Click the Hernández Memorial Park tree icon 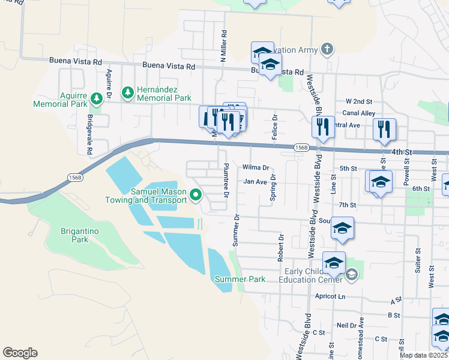point(127,92)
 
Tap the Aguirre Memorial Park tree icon point(96,98)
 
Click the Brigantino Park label point(74,235)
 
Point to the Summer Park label point(240,279)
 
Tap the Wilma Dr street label point(255,167)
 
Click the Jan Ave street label point(255,181)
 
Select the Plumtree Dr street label point(226,181)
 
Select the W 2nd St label point(359,101)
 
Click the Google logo point(20,353)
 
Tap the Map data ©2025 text point(423,355)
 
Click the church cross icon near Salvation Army point(327,49)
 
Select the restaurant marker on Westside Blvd point(323,127)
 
